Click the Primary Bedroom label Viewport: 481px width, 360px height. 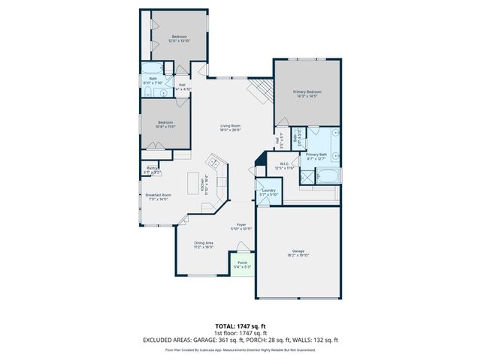tap(307, 93)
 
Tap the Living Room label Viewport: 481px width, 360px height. tap(230, 127)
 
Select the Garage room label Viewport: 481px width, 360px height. tap(298, 253)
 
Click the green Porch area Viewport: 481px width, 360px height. tap(242, 265)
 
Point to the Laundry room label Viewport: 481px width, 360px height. tap(268, 192)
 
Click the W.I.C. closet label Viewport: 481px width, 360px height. tap(285, 165)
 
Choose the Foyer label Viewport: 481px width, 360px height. tap(241, 226)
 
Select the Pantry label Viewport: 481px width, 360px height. tap(152, 170)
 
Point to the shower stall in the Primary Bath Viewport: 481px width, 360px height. tap(307, 177)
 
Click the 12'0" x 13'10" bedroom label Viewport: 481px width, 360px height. tap(179, 39)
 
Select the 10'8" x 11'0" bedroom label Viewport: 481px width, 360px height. tap(165, 124)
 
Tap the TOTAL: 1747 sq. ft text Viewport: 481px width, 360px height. tap(240, 326)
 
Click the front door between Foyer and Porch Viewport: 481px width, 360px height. tap(241, 255)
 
